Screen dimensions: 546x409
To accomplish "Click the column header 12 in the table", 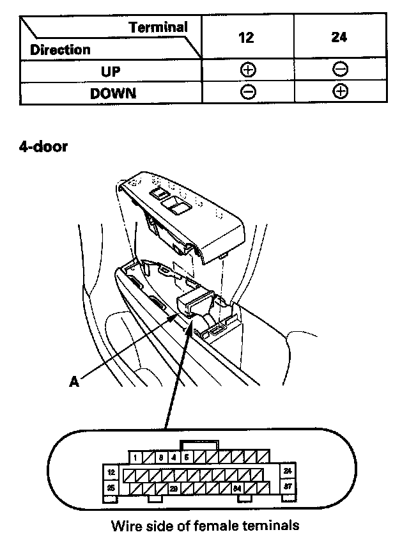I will [247, 37].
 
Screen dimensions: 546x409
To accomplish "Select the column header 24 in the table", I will [339, 37].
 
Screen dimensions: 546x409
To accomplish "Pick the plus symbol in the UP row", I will [247, 70].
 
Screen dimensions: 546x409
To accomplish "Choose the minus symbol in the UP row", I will [340, 70].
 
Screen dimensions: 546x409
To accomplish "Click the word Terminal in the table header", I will [158, 27].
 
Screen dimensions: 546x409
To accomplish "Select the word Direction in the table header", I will [60, 49].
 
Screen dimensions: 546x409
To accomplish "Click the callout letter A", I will [74, 381].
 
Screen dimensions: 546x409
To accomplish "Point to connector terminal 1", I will [137, 457].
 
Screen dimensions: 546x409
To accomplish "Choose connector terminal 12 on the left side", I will [111, 473].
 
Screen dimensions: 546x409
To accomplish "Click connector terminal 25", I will [111, 488].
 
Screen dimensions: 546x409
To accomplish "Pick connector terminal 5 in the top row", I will [186, 457].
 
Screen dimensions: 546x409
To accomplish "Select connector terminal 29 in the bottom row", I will [173, 489].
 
